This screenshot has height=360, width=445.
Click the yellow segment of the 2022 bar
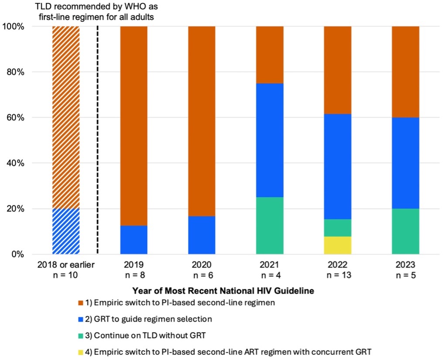(x=337, y=245)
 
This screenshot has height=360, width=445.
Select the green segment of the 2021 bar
(x=270, y=225)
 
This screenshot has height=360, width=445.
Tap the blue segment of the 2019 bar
(x=133, y=240)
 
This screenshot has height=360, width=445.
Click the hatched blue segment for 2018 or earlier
(x=66, y=231)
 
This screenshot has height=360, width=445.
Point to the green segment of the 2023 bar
(x=405, y=231)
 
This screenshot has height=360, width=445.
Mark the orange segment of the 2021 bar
(x=270, y=55)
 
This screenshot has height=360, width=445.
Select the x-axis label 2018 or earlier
(x=66, y=265)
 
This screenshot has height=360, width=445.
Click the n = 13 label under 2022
(x=337, y=275)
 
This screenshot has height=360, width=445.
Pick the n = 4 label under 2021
(x=270, y=275)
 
